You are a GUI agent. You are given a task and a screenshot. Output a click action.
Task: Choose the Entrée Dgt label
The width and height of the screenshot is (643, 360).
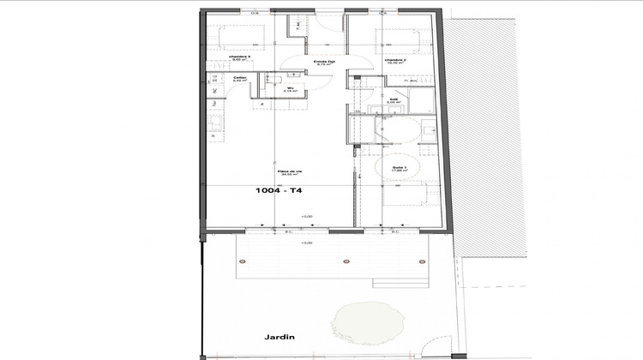pos(323,62)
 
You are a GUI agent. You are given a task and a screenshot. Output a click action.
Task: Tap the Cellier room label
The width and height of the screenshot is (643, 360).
pos(241,79)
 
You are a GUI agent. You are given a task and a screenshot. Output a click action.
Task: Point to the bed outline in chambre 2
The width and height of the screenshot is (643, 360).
pos(398,41)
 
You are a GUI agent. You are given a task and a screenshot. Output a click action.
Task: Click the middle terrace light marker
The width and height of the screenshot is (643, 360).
pos(346,261)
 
